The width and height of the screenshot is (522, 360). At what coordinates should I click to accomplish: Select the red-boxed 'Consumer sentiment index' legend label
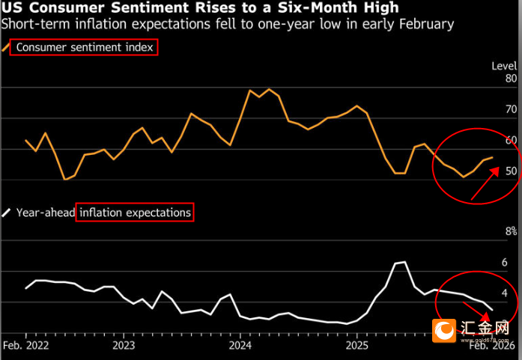tap(85, 47)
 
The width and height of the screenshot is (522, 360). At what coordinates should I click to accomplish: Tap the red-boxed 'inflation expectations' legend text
tap(135, 213)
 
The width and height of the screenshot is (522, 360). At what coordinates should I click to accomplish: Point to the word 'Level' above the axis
tap(504, 65)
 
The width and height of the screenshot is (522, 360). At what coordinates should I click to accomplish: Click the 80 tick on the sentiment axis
tap(511, 79)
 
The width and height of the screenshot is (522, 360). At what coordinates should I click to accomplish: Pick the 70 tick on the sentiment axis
tap(511, 109)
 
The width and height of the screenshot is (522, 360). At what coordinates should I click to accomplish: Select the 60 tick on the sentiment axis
tap(511, 140)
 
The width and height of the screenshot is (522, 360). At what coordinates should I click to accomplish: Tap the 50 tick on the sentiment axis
tap(511, 171)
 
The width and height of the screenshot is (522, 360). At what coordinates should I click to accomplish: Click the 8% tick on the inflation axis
tap(511, 232)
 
